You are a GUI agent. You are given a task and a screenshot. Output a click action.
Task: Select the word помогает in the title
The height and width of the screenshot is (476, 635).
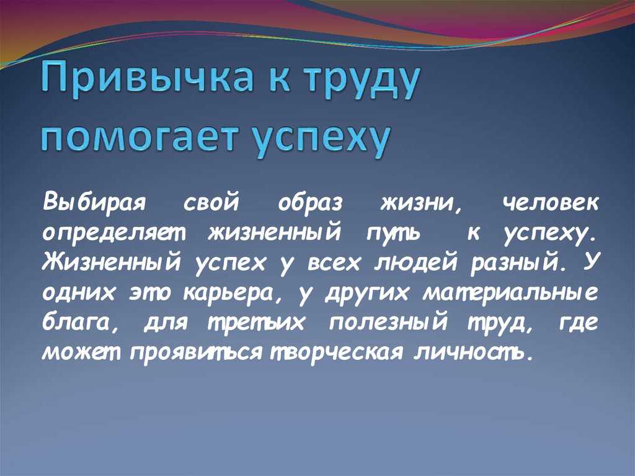click(138, 137)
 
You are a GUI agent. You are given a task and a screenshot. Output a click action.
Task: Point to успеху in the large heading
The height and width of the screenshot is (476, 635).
click(322, 140)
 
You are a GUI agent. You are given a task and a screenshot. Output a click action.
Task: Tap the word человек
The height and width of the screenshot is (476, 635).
click(549, 202)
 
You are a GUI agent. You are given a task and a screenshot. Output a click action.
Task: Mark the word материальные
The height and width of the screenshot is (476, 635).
click(510, 293)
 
